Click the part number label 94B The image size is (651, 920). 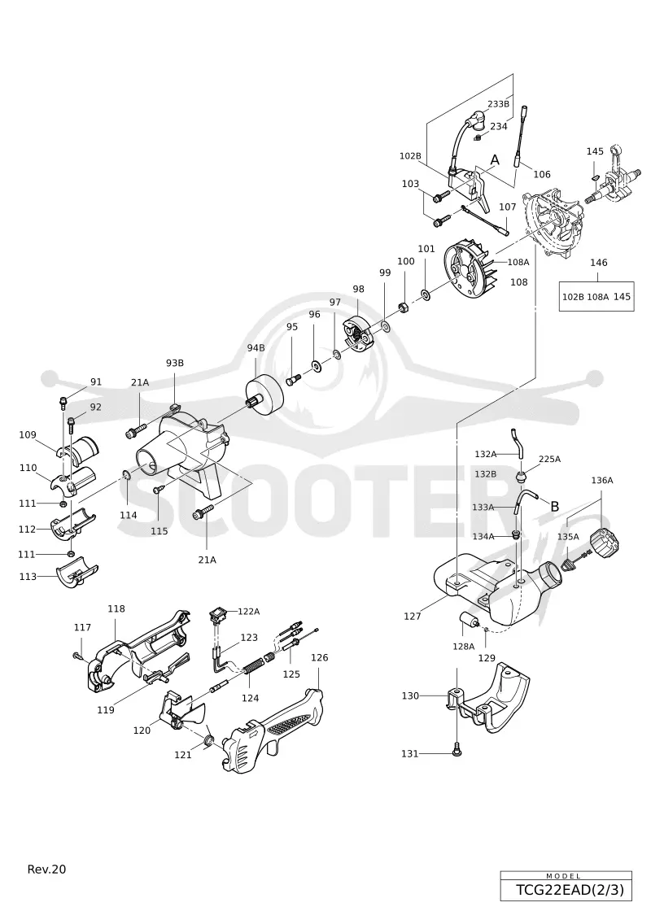256,348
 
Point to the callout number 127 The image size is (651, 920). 412,616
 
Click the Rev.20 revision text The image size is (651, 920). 47,869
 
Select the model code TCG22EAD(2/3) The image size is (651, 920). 570,890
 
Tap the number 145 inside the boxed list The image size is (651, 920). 622,297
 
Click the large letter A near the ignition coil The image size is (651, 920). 495,160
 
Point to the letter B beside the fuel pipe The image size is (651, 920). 554,506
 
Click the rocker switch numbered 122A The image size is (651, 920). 217,616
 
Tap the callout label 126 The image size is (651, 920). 319,657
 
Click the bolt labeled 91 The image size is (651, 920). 63,402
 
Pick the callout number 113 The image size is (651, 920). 28,577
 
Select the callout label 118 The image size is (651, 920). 116,609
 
